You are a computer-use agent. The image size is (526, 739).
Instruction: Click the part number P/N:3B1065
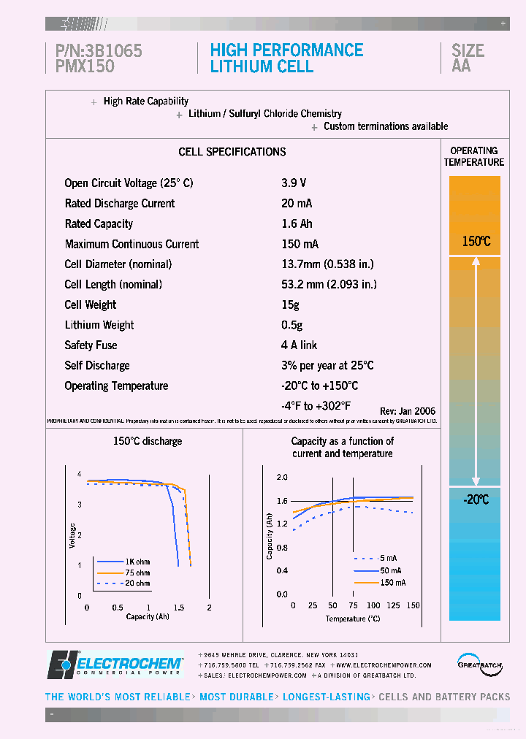pos(99,50)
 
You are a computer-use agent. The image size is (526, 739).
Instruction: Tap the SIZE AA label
pos(468,58)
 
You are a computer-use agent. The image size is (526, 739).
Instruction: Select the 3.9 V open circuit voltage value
pos(294,183)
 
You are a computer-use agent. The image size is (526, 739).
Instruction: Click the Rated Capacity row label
pos(99,224)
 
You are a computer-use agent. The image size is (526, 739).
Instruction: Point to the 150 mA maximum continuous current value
pos(300,245)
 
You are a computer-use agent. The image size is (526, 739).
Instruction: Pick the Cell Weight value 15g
pos(290,305)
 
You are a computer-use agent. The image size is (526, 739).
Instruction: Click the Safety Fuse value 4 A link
pos(299,345)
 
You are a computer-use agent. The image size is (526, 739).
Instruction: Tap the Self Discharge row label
pos(97,366)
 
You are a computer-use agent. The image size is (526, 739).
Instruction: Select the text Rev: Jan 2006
pos(408,412)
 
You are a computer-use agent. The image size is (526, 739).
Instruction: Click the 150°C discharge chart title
pos(148,441)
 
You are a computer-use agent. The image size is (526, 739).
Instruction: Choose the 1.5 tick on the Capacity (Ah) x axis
pos(178,608)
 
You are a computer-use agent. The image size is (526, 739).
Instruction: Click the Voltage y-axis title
pos(72,535)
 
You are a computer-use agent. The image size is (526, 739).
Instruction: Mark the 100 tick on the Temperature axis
pos(373,605)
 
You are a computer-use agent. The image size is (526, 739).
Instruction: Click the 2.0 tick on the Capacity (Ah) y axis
pos(282,477)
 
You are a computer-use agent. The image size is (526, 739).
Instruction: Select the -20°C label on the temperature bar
pos(475,499)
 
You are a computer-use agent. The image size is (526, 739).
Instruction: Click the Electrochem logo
pos(115,665)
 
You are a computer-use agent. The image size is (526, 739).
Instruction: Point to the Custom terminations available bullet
pos(386,126)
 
